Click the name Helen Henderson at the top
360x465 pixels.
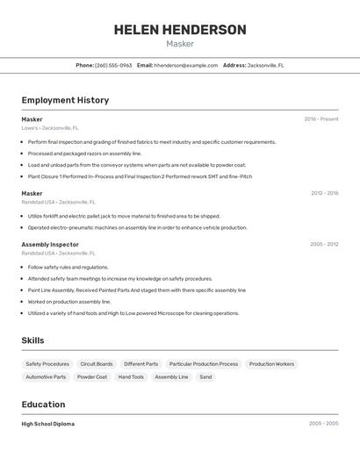coord(180,30)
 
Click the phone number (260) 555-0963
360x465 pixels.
coord(113,65)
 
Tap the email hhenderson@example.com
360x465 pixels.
coord(185,65)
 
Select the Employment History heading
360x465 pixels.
coord(65,100)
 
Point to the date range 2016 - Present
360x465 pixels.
coord(320,119)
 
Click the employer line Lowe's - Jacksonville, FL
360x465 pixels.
coord(50,128)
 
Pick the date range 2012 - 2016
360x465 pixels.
coord(324,193)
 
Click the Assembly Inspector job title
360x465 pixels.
coord(50,245)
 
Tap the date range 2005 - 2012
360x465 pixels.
coord(324,245)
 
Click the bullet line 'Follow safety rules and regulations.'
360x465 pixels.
coord(68,268)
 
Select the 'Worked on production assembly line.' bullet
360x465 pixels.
coord(69,302)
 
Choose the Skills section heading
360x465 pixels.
coord(32,340)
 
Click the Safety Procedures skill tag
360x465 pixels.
coord(47,364)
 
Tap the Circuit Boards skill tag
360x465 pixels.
coord(97,364)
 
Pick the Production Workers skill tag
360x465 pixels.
coord(271,364)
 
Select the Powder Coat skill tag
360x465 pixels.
coord(92,377)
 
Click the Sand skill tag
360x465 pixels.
coord(205,377)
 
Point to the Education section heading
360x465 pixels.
coord(43,404)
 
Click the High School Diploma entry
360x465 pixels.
coord(48,424)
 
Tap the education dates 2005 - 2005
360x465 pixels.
coord(323,424)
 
